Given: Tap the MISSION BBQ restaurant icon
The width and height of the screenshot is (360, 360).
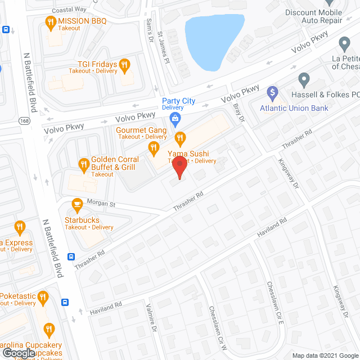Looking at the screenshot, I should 49,22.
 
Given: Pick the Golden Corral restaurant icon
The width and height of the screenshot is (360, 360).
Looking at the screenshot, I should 83,164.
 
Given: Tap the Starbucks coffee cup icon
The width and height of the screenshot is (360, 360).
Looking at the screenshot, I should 76,204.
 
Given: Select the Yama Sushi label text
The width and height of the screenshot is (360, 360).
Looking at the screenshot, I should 187,153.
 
